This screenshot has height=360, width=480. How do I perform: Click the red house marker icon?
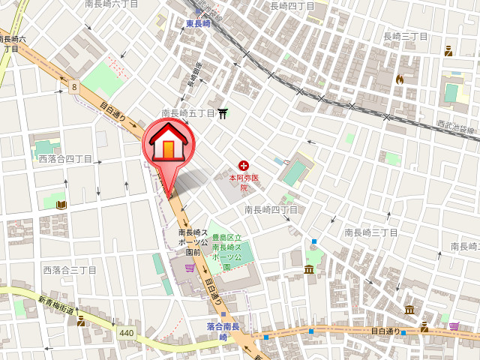[168, 142]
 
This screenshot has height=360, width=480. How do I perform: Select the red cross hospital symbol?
[243, 165]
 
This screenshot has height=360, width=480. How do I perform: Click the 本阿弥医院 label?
[244, 182]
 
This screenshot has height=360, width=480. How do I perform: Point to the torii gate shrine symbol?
[223, 113]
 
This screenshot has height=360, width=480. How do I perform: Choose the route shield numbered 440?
[126, 331]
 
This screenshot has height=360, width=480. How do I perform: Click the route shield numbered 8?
[74, 87]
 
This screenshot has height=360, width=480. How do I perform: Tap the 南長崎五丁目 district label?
[187, 113]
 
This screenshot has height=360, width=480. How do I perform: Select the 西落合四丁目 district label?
[65, 159]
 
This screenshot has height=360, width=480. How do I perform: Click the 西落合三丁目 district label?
[70, 269]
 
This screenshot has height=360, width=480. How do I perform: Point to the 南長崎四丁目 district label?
[271, 210]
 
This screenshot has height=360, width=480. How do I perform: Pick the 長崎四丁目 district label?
[292, 6]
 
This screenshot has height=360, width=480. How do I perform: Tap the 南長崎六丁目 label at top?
[112, 4]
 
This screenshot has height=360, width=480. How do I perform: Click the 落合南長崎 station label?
[223, 331]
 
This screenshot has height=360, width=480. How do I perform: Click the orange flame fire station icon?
[400, 78]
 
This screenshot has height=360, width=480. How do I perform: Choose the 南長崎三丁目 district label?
[370, 232]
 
